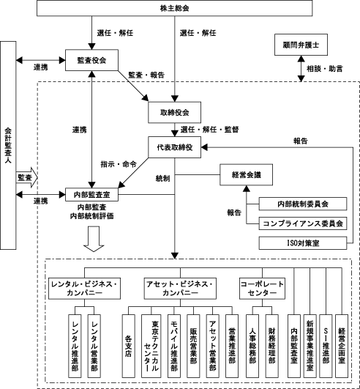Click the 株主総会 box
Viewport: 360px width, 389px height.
pos(174,8)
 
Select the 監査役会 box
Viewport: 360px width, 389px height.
pos(91,60)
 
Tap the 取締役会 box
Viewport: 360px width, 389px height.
pos(174,112)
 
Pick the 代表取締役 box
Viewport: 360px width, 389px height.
pos(174,147)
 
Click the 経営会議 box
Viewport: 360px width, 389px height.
pos(247,174)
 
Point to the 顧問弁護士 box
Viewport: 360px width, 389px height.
pos(301,45)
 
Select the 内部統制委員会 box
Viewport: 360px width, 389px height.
pos(303,204)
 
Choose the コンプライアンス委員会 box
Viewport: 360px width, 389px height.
pos(303,223)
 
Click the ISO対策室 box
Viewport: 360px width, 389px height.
pos(303,243)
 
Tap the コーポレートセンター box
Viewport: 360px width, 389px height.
pos(262,289)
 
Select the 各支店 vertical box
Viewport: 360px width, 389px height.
pos(129,346)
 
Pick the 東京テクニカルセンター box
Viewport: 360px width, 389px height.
pos(151,346)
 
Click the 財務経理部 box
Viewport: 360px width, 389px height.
pos(271,346)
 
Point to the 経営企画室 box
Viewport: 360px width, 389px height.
pos(342,346)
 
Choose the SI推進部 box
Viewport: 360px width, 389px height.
pos(326,346)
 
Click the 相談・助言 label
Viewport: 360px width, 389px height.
pos(325,69)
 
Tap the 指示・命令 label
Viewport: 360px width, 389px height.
pos(119,164)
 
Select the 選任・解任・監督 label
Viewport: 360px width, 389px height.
pos(209,130)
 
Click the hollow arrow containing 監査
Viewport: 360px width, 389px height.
pos(27,177)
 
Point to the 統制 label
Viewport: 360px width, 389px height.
pos(162,178)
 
